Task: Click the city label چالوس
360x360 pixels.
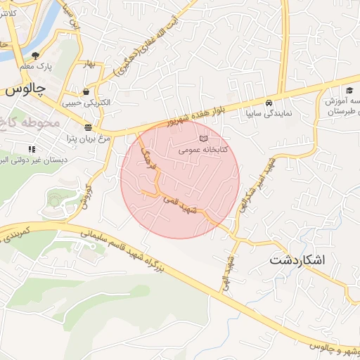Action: tap(24, 90)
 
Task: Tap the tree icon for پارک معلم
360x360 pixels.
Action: tap(36, 54)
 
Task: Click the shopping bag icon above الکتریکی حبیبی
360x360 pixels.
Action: tap(86, 91)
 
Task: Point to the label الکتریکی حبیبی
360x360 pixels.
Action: tap(87, 103)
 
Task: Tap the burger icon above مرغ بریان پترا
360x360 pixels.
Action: tap(88, 127)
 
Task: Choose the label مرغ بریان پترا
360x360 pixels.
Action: tap(86, 138)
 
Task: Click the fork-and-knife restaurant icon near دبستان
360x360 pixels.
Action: tap(31, 149)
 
